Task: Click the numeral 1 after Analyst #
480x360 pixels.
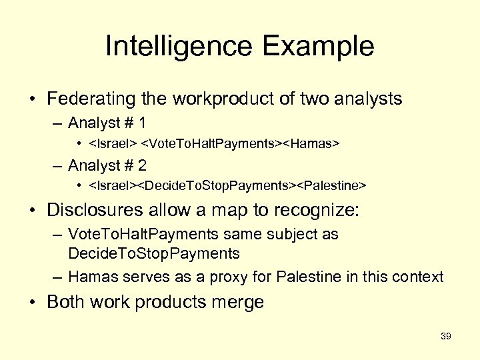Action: click(142, 123)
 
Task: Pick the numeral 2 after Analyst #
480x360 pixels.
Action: click(142, 165)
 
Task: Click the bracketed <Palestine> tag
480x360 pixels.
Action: click(331, 185)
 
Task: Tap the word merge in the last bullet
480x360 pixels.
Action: click(237, 302)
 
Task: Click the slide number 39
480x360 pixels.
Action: click(446, 337)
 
